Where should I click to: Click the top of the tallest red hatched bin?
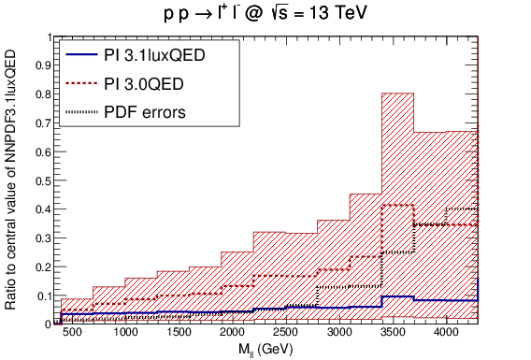coord(397,94)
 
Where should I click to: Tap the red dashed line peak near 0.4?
coord(397,205)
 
